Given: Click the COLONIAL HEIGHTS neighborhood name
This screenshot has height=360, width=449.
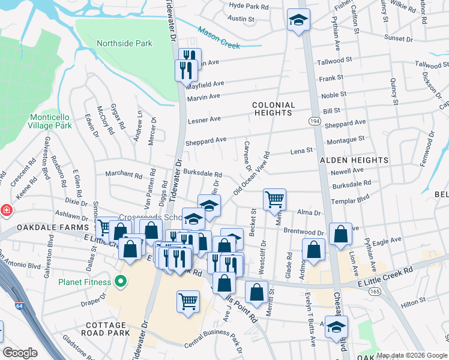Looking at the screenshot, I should [274, 109].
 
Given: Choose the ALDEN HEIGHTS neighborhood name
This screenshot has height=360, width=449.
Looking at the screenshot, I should [354, 161].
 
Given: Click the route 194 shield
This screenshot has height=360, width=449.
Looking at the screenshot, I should [314, 121].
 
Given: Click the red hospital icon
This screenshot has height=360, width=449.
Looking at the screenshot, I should [5, 211].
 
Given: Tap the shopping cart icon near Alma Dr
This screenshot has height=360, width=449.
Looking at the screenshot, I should [274, 199].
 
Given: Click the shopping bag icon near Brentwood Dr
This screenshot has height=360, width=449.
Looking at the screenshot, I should [340, 235].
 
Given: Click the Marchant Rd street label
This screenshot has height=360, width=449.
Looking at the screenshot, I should [123, 173].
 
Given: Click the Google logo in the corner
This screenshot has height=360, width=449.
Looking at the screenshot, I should [20, 352].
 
